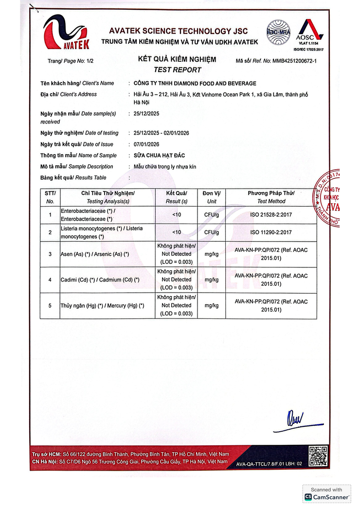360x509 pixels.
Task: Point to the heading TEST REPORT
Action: [177, 70]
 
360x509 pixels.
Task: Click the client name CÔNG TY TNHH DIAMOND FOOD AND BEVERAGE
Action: [195, 83]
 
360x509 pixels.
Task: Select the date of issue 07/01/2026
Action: [146, 144]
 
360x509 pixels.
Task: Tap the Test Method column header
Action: [271, 197]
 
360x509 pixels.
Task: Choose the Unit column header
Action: [212, 197]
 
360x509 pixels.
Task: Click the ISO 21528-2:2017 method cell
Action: [271, 214]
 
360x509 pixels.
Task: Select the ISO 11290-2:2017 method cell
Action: [271, 232]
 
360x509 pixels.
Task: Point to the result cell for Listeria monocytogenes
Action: [177, 232]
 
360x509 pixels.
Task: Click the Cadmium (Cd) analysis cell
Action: [100, 280]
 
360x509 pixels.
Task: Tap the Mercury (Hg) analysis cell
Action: [102, 305]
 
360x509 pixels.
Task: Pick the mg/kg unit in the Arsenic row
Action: [212, 254]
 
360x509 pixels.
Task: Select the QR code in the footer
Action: [319, 456]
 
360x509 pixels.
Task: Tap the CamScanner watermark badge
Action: [327, 494]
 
